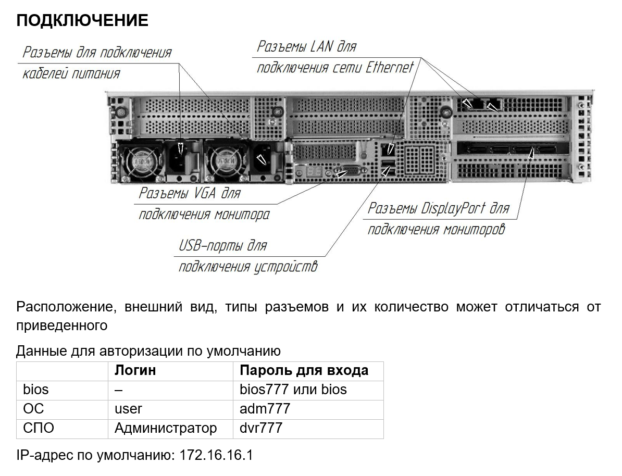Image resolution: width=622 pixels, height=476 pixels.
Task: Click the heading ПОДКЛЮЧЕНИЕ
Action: pyautogui.click(x=82, y=20)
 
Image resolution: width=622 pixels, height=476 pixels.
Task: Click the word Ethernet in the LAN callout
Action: pyautogui.click(x=390, y=67)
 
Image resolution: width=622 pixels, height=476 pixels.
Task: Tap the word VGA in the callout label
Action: pyautogui.click(x=205, y=193)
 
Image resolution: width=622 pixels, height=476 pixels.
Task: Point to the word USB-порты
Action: pyautogui.click(x=210, y=245)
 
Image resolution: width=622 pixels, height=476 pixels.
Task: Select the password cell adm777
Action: pyautogui.click(x=265, y=409)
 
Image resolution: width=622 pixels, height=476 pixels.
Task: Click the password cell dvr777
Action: pyautogui.click(x=261, y=428)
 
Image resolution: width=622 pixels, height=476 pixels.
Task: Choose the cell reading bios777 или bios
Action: pyautogui.click(x=293, y=390)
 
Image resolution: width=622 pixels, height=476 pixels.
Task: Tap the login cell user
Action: pyautogui.click(x=128, y=409)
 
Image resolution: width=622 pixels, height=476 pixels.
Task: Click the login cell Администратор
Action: pyautogui.click(x=166, y=428)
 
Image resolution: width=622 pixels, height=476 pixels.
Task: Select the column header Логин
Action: pyautogui.click(x=135, y=370)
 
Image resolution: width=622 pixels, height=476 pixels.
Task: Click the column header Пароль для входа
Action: pyautogui.click(x=304, y=370)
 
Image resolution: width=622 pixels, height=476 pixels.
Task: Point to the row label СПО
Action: pyautogui.click(x=39, y=428)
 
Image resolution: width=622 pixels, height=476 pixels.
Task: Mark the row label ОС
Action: pyautogui.click(x=33, y=409)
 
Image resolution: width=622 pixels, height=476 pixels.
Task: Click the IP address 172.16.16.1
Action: pyautogui.click(x=216, y=455)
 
